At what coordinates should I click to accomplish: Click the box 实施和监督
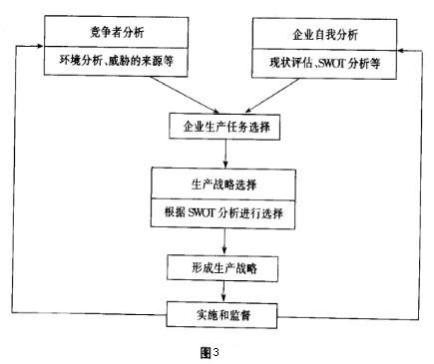[x=223, y=314]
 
